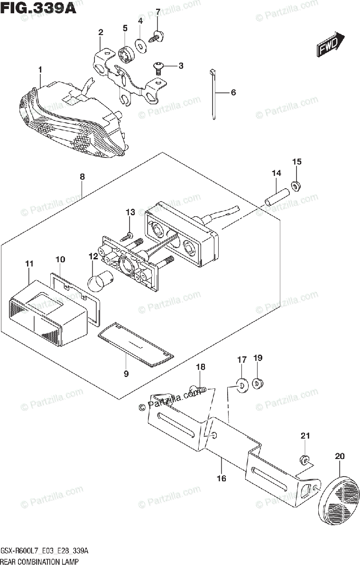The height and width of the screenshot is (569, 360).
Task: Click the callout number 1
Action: (40, 70)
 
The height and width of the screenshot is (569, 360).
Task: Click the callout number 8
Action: (82, 176)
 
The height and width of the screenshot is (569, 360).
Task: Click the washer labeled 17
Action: (242, 385)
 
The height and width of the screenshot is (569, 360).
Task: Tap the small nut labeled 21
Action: (304, 459)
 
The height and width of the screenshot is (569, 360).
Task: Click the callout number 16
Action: (221, 478)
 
